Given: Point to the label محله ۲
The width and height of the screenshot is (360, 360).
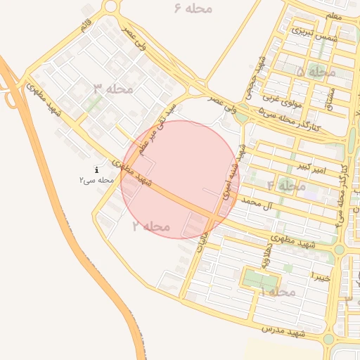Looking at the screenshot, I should (x=151, y=226).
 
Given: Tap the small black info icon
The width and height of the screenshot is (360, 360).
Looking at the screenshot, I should (x=96, y=170).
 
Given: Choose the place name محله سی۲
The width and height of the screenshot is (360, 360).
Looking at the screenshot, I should (x=96, y=181).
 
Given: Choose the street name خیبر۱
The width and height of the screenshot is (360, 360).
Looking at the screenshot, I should (x=321, y=273).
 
